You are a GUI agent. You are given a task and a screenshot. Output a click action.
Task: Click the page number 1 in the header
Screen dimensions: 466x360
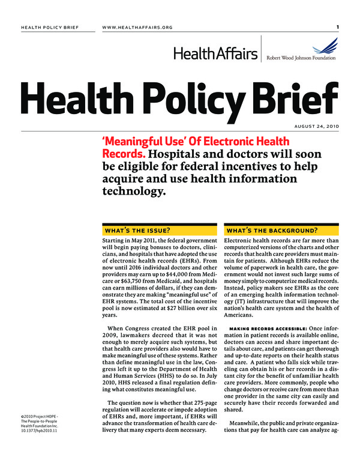(x=338, y=26)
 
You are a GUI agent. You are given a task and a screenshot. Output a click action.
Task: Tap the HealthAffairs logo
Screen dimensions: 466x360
(x=217, y=54)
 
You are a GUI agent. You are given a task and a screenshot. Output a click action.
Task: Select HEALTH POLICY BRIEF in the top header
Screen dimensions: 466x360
(x=49, y=27)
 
